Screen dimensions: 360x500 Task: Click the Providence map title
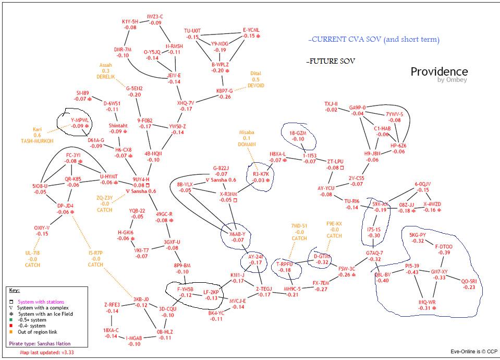coord(439,71)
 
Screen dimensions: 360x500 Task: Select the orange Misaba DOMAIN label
coord(247,138)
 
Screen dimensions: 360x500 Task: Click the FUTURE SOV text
coord(332,61)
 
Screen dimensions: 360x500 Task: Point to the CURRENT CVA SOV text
coord(373,40)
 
